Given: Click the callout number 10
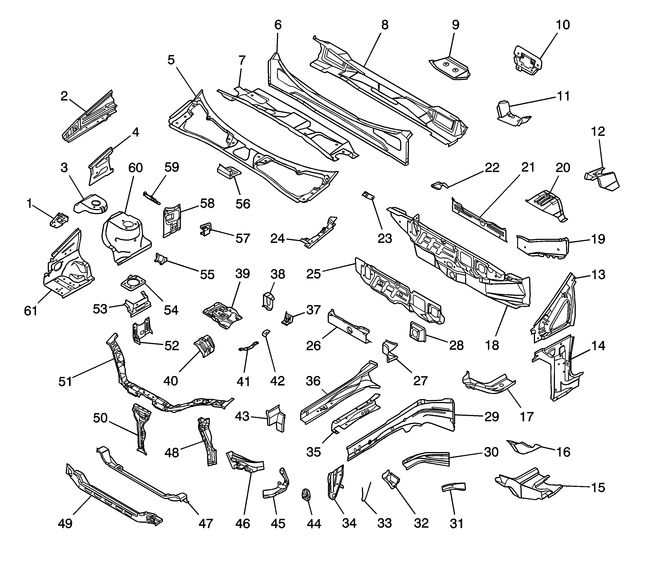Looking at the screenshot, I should (x=563, y=25).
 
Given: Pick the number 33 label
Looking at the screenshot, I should (x=385, y=523).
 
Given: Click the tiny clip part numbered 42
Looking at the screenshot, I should (x=266, y=332).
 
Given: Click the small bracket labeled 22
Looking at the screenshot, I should (x=438, y=185).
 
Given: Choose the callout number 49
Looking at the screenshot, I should (x=65, y=524).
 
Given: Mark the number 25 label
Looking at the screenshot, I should (x=314, y=274).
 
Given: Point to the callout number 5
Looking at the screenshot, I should (x=171, y=60).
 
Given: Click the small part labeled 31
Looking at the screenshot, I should (x=453, y=487).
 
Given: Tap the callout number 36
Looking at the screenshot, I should (x=313, y=381).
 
